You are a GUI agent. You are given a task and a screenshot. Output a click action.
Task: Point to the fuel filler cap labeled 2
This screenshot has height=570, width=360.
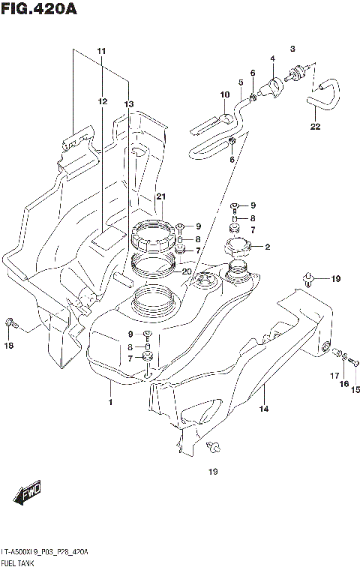tap(239, 248)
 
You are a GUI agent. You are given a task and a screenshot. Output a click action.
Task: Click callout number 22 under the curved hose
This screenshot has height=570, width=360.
tap(315, 126)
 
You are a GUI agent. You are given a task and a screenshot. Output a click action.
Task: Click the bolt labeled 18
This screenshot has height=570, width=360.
tap(9, 324)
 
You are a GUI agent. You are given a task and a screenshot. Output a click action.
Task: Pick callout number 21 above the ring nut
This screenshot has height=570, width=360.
tap(160, 196)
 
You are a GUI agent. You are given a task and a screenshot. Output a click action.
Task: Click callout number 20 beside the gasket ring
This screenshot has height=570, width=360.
tap(187, 271)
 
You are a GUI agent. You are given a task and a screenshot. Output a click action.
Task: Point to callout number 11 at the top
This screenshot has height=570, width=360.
tap(101, 50)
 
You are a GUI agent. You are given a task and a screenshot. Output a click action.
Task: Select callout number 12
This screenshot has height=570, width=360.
tap(101, 100)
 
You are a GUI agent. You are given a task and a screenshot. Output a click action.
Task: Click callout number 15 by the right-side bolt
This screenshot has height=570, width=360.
tap(355, 388)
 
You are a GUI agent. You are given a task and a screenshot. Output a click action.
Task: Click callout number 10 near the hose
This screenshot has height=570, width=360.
tap(223, 94)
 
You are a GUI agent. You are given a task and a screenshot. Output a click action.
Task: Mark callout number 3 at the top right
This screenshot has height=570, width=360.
tap(293, 48)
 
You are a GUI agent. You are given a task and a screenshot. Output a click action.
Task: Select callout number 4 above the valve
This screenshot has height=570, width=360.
tap(273, 58)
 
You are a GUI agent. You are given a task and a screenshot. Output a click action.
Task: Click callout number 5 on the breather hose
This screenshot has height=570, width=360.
tap(241, 82)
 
